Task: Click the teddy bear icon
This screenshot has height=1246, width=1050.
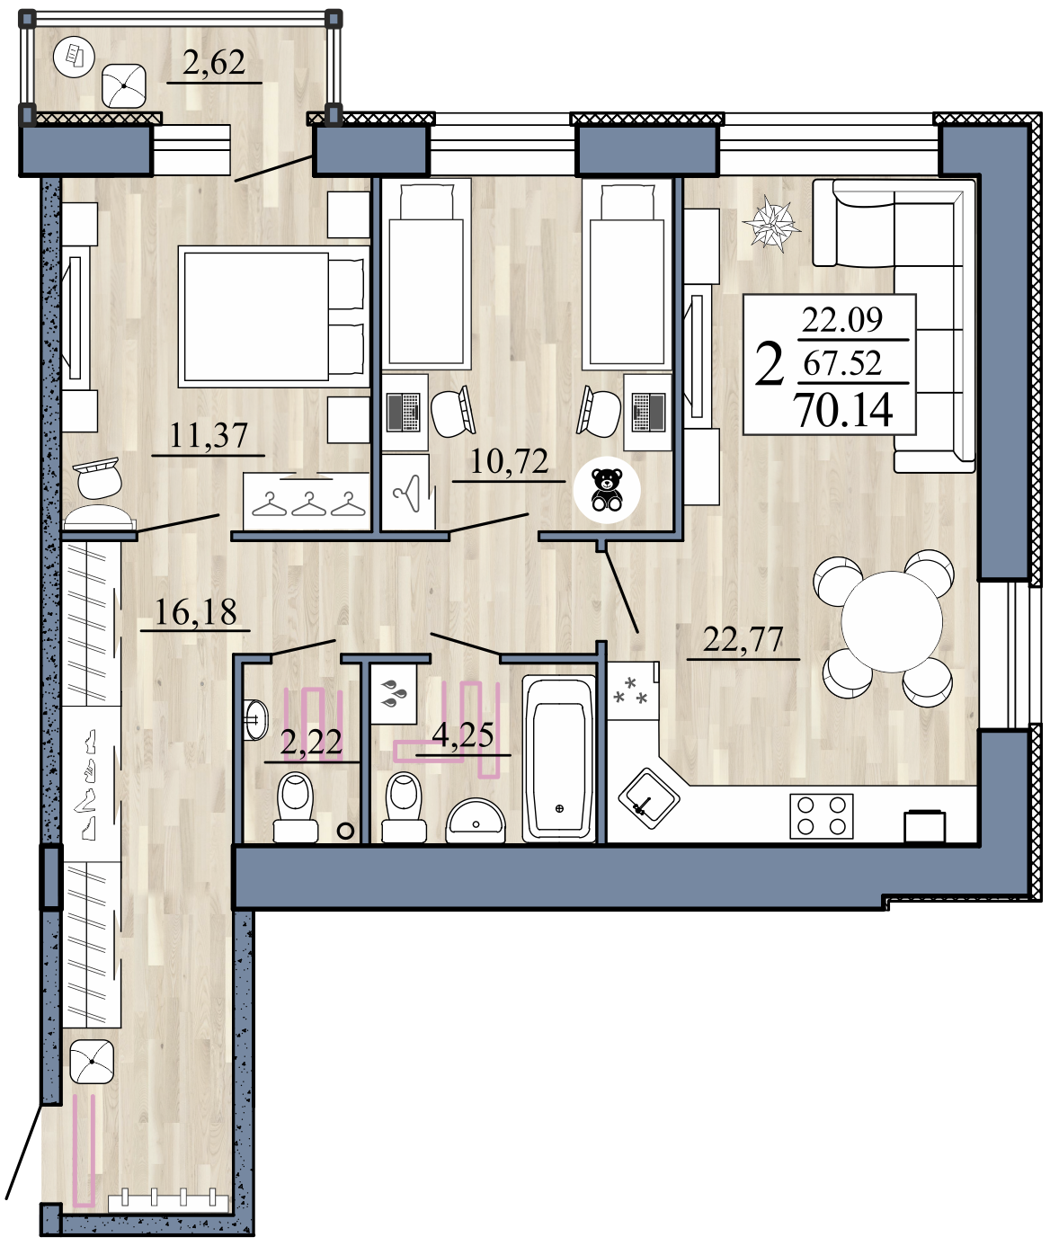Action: [x=606, y=490]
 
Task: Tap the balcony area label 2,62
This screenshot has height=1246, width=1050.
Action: [x=214, y=63]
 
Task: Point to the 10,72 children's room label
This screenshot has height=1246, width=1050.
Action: [x=509, y=461]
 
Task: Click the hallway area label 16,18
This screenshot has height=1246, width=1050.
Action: [x=195, y=611]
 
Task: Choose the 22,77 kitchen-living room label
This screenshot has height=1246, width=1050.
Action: [x=743, y=640]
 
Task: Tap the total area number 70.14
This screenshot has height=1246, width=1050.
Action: [x=845, y=411]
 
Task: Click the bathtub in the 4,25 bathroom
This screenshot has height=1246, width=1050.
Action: [x=559, y=759]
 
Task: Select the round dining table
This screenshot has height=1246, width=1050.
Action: [x=891, y=621]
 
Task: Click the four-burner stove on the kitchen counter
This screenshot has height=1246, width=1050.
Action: [x=822, y=815]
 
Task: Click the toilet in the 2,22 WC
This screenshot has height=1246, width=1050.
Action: [x=296, y=806]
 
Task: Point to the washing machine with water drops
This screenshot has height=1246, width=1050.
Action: [x=394, y=695]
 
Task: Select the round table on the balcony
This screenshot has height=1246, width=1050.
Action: [x=73, y=57]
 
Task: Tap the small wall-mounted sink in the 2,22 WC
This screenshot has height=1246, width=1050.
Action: [x=255, y=719]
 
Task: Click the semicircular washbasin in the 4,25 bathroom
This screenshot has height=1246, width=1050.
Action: [x=476, y=820]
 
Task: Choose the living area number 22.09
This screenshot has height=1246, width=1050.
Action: [x=841, y=320]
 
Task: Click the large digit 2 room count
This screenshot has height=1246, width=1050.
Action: [x=769, y=366]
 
